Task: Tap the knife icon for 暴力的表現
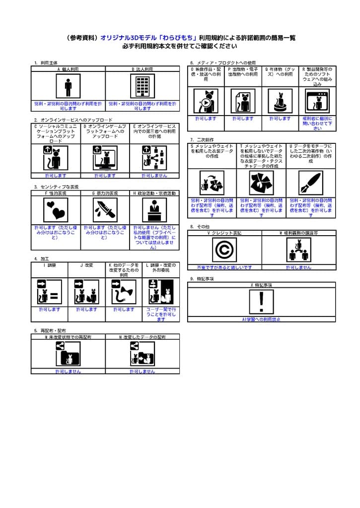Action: click(x=105, y=210)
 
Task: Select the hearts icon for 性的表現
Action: click(x=56, y=210)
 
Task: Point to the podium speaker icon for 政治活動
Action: click(x=154, y=210)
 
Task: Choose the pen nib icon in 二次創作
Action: click(x=311, y=183)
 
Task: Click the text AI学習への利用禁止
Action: click(x=261, y=319)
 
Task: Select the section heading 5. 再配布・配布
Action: click(x=50, y=330)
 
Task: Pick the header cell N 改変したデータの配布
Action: click(x=143, y=337)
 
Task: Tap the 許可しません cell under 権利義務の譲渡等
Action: click(x=298, y=267)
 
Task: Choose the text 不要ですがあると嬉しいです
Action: click(x=224, y=267)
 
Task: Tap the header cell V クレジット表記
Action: click(x=224, y=233)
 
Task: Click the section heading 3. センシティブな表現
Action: click(x=57, y=187)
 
